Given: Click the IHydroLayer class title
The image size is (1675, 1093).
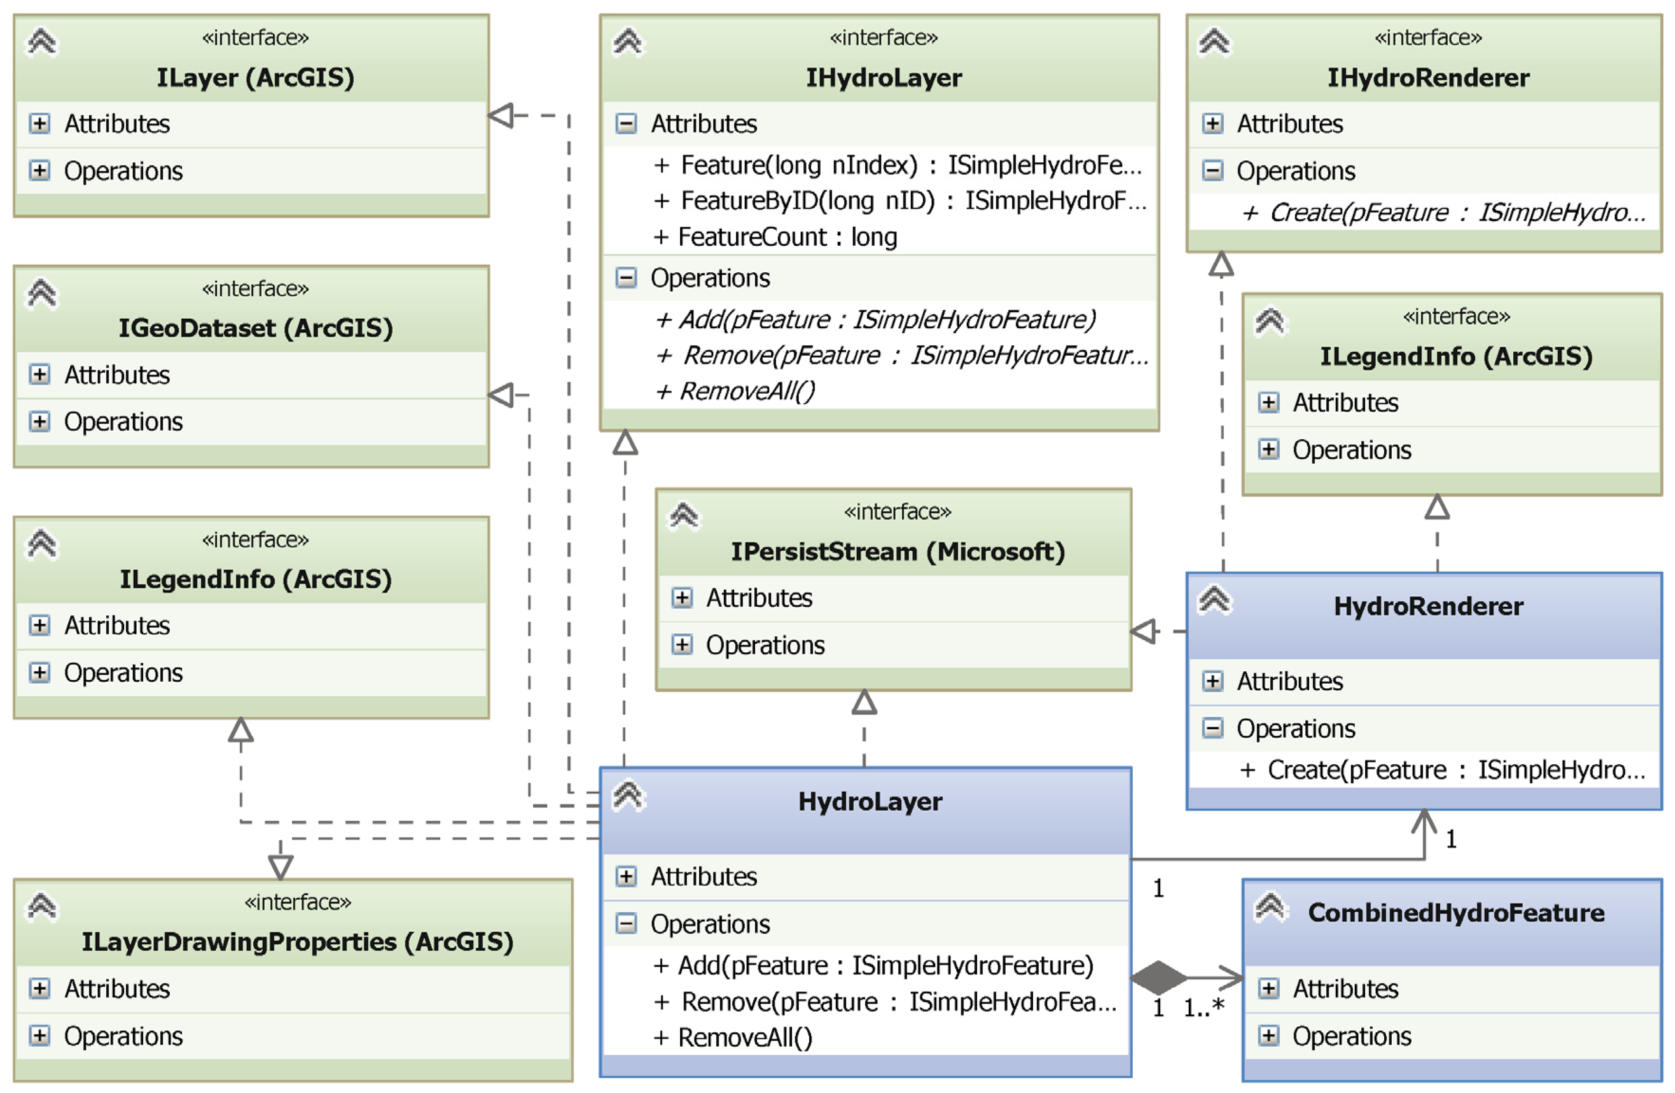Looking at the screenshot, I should (883, 77).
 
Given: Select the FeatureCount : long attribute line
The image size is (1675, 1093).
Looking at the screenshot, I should (787, 237).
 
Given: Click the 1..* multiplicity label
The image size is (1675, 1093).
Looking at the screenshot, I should (1203, 1008).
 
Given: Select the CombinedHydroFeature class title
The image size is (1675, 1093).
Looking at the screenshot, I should (1455, 913).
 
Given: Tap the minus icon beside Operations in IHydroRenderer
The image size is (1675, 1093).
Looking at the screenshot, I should (1212, 171).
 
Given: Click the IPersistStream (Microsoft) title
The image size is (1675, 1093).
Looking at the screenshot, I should (898, 551).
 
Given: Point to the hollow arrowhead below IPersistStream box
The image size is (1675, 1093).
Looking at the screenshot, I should (864, 703).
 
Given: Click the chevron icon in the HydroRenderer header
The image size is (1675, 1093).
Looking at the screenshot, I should (1215, 600).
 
